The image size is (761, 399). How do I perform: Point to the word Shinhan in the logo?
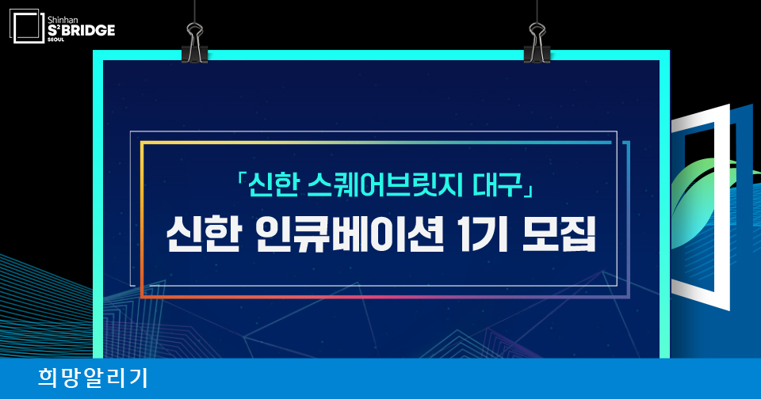pyautogui.click(x=63, y=20)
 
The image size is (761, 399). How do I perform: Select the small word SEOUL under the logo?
pyautogui.click(x=55, y=40)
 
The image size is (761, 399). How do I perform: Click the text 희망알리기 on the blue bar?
pyautogui.click(x=93, y=378)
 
